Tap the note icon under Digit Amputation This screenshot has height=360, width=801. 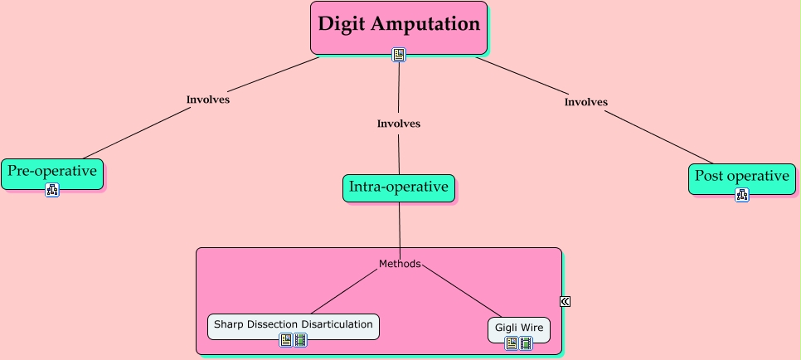click(x=399, y=55)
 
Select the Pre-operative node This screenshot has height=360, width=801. click(x=52, y=172)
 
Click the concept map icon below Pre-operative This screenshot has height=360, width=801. click(x=52, y=191)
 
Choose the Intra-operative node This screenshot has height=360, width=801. click(x=399, y=187)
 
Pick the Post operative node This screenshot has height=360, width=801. click(x=741, y=176)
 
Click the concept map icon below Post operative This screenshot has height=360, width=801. click(x=742, y=195)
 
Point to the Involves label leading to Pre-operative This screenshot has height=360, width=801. click(x=207, y=100)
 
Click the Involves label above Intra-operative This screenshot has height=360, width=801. click(x=399, y=124)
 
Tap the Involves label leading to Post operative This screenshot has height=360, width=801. click(x=586, y=102)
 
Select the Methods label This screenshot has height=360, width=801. click(x=400, y=264)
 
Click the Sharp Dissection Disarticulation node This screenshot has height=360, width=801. click(x=293, y=324)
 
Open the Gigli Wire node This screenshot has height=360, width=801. click(x=519, y=328)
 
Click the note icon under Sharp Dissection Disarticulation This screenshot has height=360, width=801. click(x=286, y=340)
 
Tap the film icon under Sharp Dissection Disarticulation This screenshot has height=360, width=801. click(x=299, y=340)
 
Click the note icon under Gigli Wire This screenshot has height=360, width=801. click(x=512, y=343)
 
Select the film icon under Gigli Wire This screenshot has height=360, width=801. click(x=525, y=343)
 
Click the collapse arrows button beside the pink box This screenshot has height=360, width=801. click(x=565, y=301)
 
